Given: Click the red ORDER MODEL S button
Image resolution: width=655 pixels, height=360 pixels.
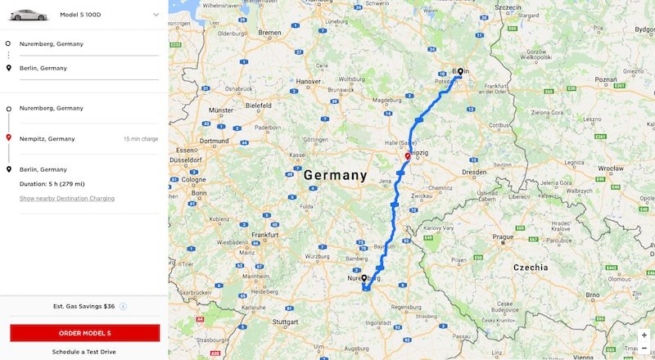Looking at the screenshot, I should [84, 333].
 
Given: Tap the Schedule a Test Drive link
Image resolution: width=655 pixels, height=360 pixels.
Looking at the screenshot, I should [84, 352].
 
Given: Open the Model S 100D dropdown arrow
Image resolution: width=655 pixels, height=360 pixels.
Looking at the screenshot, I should [156, 15].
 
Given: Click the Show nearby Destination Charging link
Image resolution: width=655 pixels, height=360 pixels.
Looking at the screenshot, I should [67, 199].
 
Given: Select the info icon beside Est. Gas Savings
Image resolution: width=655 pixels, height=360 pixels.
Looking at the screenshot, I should [123, 306].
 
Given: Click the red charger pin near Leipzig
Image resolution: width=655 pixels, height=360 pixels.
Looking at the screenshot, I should [408, 155].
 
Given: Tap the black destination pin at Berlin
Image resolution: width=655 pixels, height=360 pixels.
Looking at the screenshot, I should [460, 72].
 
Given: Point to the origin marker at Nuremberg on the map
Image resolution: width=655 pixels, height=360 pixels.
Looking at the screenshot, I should [364, 279].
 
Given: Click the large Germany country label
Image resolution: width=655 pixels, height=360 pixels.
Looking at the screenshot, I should [335, 175].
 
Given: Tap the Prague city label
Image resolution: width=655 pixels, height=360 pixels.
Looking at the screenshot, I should [503, 237].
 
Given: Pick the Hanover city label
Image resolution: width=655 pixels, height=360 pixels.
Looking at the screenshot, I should [308, 82].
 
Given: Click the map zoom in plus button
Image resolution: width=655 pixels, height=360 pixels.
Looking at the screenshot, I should [644, 335].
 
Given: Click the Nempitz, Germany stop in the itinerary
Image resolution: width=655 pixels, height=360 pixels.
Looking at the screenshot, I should [47, 139].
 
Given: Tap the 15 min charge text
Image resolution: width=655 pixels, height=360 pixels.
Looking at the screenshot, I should [141, 139].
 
